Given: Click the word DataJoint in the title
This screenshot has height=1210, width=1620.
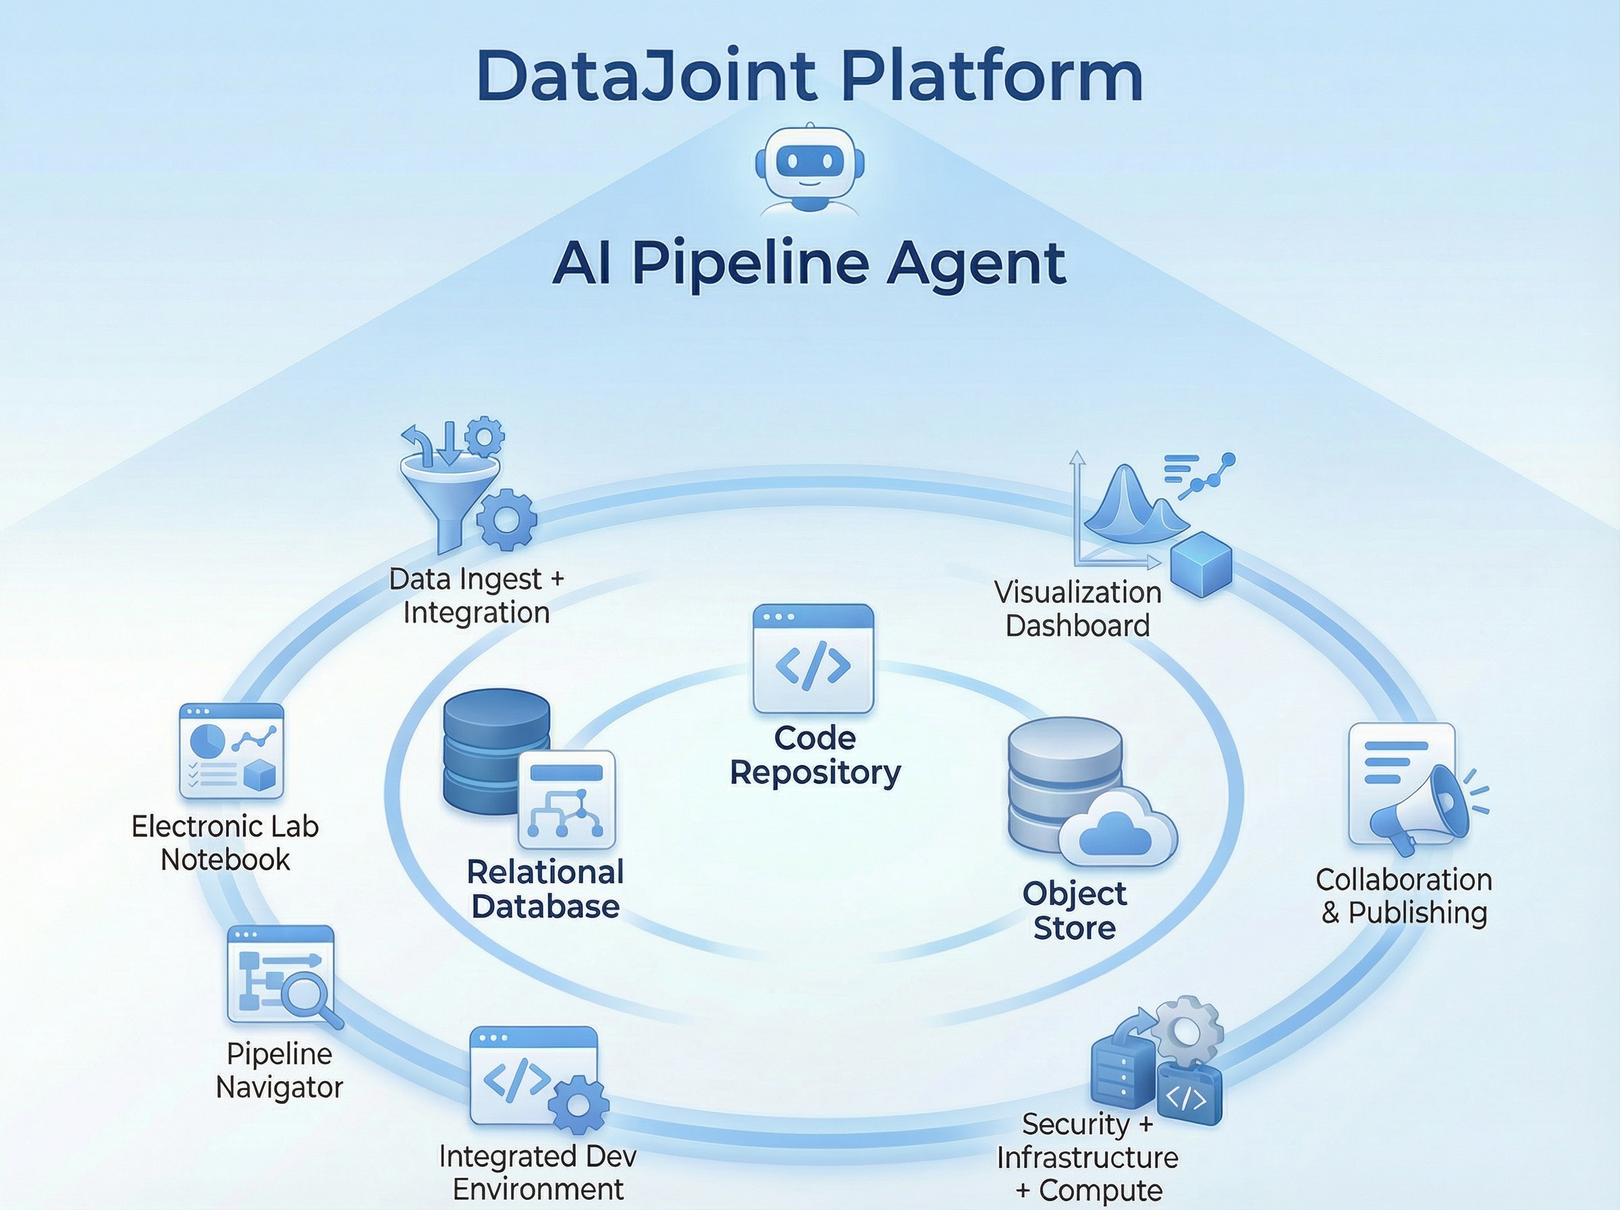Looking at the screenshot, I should coord(646,76).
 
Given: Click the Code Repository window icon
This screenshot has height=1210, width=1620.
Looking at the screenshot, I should coord(813,658).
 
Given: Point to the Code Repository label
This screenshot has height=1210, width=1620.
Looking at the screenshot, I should coord(815,755).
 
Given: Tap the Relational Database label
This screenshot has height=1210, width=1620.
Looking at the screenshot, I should coord(545,889).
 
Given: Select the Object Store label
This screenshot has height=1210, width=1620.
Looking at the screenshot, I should coord(1074,910).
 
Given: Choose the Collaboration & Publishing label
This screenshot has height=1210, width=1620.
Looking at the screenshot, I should coord(1404,896).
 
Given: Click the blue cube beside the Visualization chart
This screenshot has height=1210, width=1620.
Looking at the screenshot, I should coord(1201,564).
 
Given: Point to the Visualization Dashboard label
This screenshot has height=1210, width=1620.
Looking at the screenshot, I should coord(1077,608).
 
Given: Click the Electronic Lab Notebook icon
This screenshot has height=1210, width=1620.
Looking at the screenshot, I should coord(232,751).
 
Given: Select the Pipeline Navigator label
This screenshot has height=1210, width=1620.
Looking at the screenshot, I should coord(279,1070).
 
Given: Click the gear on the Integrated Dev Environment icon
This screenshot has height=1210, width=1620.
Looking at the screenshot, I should coord(578,1104).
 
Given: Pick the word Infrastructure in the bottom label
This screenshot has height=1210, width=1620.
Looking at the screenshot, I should coord(1087,1157).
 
